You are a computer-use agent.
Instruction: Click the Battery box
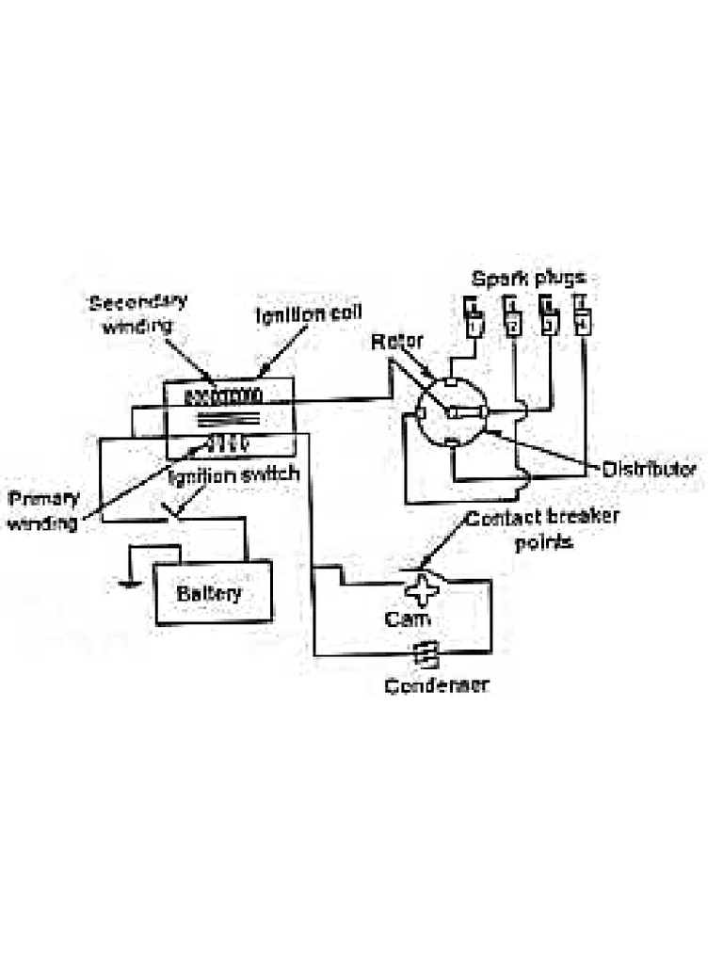pyautogui.click(x=214, y=593)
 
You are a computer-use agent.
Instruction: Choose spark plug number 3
pyautogui.click(x=548, y=317)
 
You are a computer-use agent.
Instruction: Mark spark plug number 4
pyautogui.click(x=583, y=315)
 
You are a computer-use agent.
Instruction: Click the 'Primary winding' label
pyautogui.click(x=43, y=509)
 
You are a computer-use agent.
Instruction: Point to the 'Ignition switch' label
pyautogui.click(x=233, y=474)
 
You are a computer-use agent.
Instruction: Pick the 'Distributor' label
pyautogui.click(x=650, y=468)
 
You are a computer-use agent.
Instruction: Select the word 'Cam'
pyautogui.click(x=408, y=619)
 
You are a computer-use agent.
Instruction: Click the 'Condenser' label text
pyautogui.click(x=437, y=684)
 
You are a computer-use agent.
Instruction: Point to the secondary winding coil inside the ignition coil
pyautogui.click(x=222, y=393)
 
